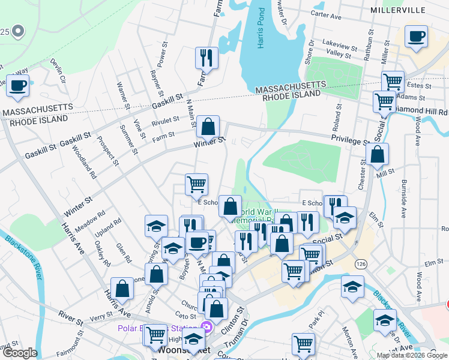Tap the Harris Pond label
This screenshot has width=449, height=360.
(x=260, y=29)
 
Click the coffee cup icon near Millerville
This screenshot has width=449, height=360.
(x=416, y=37)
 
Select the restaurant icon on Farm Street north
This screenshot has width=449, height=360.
(x=206, y=58)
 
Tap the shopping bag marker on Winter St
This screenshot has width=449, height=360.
(x=208, y=127)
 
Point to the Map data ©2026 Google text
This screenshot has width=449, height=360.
(x=412, y=355)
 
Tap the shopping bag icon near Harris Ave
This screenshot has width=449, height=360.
(x=122, y=289)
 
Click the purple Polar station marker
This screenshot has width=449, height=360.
(x=206, y=328)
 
